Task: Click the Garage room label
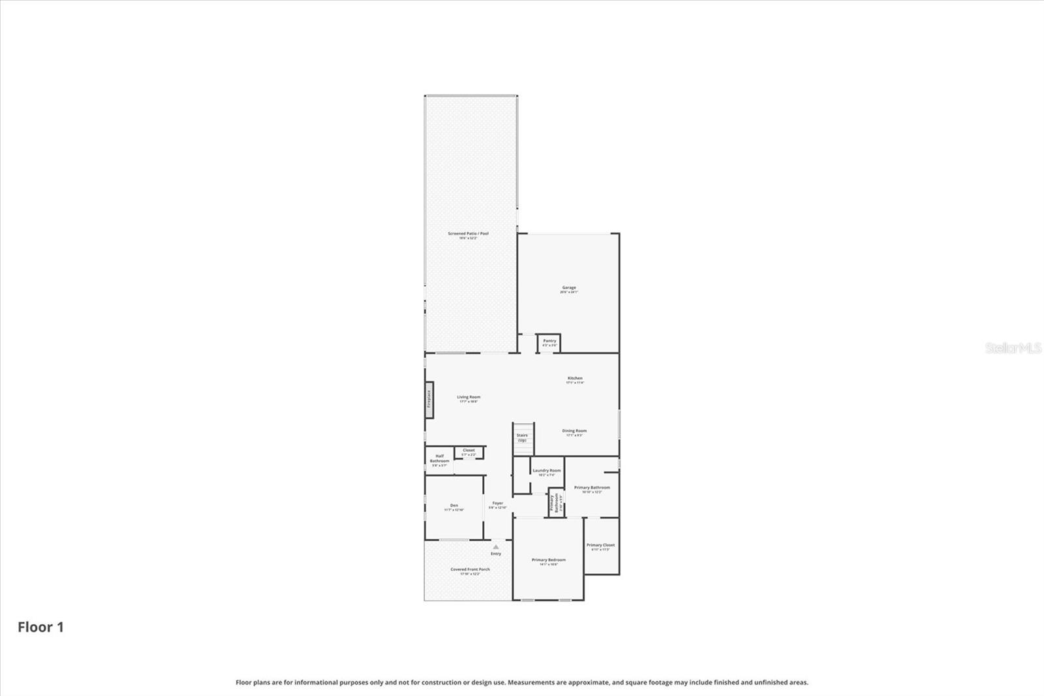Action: (569, 288)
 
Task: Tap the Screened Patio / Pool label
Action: (468, 234)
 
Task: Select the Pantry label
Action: (549, 341)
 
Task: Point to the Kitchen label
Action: (574, 379)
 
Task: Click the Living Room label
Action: (468, 397)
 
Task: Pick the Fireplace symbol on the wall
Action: (429, 399)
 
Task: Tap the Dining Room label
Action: (574, 431)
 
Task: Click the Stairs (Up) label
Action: (522, 437)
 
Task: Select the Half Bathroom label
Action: (439, 459)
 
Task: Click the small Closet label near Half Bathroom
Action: (468, 451)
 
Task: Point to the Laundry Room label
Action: (546, 471)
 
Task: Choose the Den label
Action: (453, 505)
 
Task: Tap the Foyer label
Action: (498, 503)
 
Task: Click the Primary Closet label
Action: (600, 545)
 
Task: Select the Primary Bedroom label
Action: (548, 560)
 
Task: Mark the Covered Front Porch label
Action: (470, 569)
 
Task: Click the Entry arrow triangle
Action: (496, 547)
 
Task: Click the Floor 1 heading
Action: (40, 627)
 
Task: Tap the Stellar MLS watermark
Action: (1013, 348)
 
